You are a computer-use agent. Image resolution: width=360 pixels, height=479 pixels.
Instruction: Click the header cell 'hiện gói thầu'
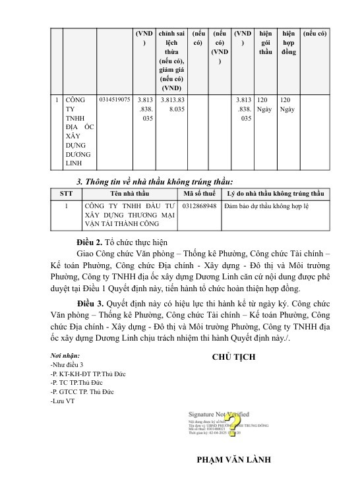(x=266, y=42)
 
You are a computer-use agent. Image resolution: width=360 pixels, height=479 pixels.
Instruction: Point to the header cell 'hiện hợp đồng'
(x=288, y=42)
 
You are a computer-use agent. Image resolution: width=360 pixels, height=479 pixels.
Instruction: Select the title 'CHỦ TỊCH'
(x=234, y=356)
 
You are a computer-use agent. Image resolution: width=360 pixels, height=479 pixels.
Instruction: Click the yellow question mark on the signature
(x=231, y=421)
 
